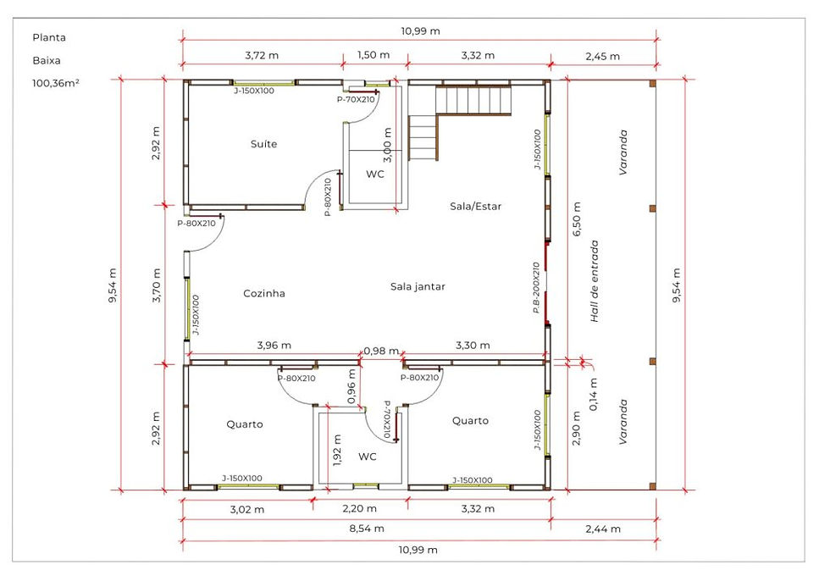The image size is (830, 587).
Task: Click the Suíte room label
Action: [263, 144]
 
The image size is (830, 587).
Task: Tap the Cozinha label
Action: [264, 293]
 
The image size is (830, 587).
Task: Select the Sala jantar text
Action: [418, 287]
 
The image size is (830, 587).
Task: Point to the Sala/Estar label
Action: [475, 207]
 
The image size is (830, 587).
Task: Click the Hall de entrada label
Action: [595, 281]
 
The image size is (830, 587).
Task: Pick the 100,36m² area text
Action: [56, 83]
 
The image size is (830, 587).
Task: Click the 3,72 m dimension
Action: [262, 55]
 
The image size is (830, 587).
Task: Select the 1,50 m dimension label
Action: [373, 55]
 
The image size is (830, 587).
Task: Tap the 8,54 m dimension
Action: [366, 529]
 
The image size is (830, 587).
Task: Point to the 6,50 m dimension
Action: [577, 219]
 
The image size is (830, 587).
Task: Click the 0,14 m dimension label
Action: [593, 395]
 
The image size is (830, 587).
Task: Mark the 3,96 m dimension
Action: [274, 345]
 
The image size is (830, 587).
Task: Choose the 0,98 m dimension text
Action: [381, 351]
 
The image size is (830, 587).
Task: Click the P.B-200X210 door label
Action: [536, 287]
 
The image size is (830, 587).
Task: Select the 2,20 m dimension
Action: [359, 509]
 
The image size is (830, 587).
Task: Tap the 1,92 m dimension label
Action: [337, 451]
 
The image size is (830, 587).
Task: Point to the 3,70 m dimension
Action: [156, 285]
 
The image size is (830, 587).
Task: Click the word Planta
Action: [49, 37]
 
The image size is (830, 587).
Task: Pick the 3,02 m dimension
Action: [247, 510]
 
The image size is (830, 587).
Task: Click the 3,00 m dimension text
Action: [388, 145]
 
